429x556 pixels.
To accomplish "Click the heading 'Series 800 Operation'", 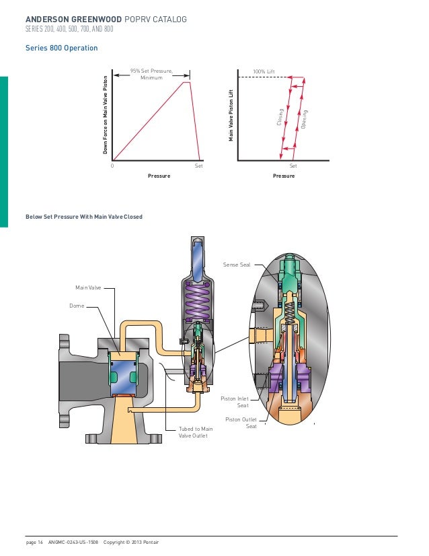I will tap(61, 48).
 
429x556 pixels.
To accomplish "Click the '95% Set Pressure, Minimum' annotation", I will tap(151, 74).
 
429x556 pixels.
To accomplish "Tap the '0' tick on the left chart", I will tap(112, 165).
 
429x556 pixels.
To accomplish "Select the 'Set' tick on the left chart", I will tap(198, 165).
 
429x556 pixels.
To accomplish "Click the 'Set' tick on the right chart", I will tap(292, 165).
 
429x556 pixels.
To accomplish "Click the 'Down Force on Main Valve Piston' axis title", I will tap(106, 115).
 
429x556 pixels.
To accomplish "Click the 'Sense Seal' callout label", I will tap(236, 265).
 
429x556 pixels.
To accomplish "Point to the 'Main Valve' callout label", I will tap(88, 287).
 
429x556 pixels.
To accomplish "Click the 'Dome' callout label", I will tap(77, 305).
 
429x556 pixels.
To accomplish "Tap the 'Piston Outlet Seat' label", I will tap(241, 422).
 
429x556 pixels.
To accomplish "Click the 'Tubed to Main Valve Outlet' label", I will tap(196, 432).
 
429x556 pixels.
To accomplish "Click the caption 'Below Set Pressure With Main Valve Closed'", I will tap(83, 217).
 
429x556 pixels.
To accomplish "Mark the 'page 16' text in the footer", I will tap(34, 542).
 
